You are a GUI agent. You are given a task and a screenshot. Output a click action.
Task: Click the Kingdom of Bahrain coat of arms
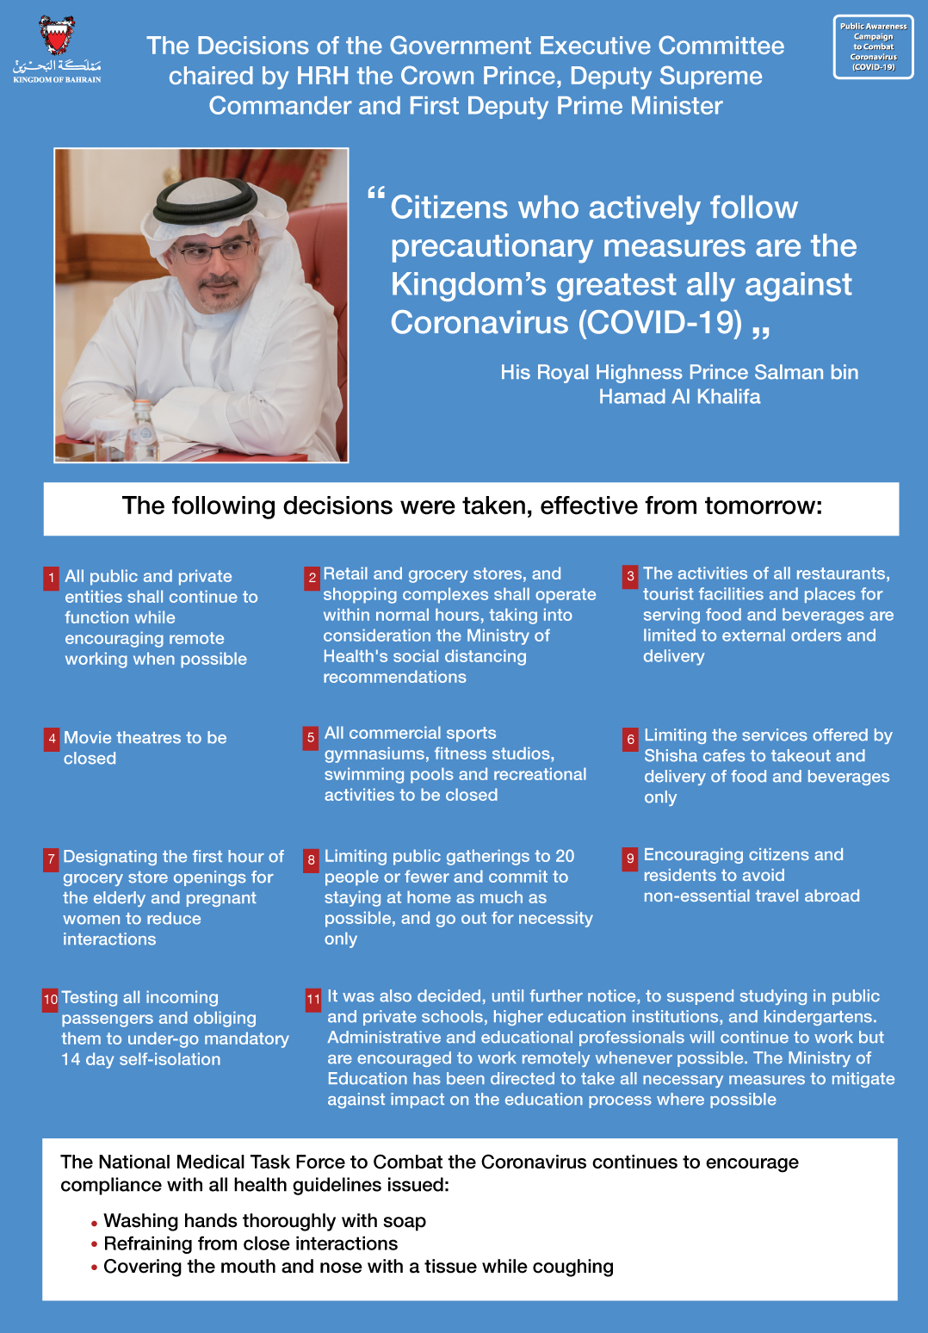57,36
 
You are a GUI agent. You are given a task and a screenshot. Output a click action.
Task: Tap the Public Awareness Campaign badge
873,46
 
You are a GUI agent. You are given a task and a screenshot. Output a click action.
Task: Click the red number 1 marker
52,578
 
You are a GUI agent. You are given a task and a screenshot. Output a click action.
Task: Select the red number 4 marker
52,739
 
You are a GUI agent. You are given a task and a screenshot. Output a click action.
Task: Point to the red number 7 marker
51,859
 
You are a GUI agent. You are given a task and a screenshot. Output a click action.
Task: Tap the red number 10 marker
51,999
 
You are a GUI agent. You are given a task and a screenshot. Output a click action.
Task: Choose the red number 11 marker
313,999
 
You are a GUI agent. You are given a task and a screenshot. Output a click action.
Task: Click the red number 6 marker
631,739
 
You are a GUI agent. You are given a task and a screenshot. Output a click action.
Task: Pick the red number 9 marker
631,858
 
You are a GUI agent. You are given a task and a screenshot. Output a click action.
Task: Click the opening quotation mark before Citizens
376,195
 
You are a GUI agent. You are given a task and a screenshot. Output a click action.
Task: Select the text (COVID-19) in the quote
660,323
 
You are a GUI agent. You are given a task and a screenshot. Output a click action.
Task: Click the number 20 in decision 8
565,856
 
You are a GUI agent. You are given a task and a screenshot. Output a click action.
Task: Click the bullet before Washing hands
94,1223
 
